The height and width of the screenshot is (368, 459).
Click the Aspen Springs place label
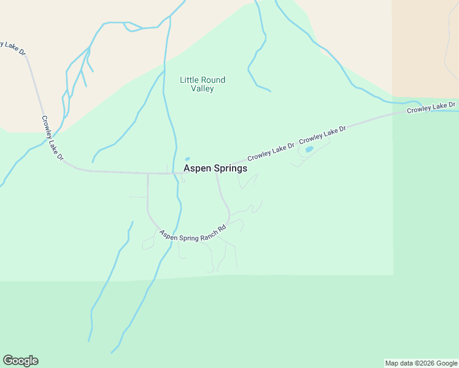click(215, 168)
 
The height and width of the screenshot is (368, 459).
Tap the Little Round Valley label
click(202, 84)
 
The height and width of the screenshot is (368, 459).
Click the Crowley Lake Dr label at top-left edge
click(13, 48)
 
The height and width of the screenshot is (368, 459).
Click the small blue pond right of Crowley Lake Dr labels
click(309, 149)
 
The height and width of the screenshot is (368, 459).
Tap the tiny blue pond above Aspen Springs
click(187, 159)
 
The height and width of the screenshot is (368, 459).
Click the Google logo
click(20, 361)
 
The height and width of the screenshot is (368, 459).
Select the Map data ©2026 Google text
click(421, 363)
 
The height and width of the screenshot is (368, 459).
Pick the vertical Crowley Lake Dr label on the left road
click(53, 138)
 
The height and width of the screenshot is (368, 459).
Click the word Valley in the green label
click(202, 89)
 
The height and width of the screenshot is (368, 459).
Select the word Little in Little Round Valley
click(188, 80)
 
